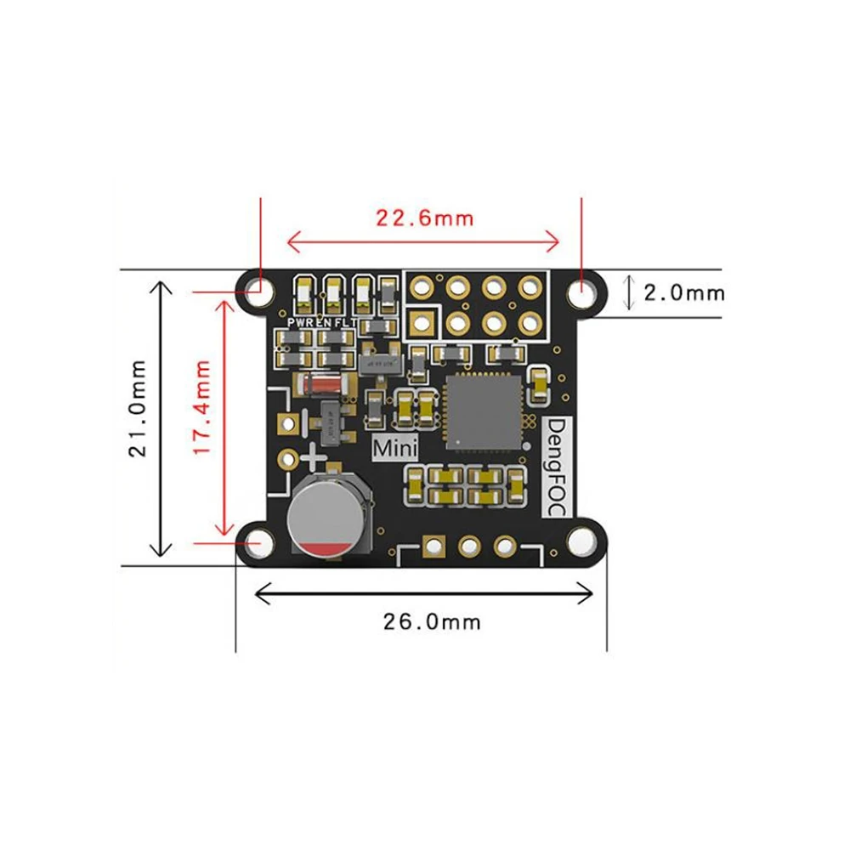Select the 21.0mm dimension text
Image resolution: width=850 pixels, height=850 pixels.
pyautogui.click(x=139, y=408)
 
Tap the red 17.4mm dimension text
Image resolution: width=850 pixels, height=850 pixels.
pyautogui.click(x=201, y=407)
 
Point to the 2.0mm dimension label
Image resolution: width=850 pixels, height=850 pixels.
pyautogui.click(x=683, y=293)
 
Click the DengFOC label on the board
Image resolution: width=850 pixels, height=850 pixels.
pyautogui.click(x=558, y=466)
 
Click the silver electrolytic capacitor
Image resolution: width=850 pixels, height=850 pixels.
pyautogui.click(x=326, y=516)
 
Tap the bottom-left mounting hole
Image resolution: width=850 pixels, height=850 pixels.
pyautogui.click(x=258, y=541)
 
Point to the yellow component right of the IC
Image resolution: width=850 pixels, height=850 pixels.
pyautogui.click(x=539, y=385)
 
